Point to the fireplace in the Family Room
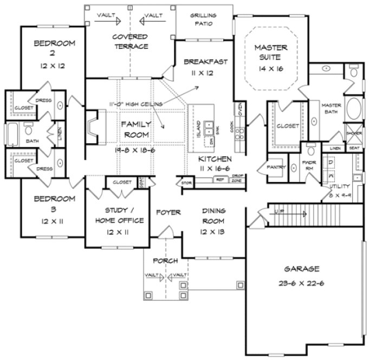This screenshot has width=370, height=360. pyautogui.click(x=93, y=127)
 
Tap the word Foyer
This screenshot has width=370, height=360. pyautogui.click(x=168, y=211)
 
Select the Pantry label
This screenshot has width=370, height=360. pyautogui.click(x=276, y=168)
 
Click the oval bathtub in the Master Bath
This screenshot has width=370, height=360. pyautogui.click(x=355, y=109)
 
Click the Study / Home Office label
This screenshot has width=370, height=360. pyautogui.click(x=119, y=216)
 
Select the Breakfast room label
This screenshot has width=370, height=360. pyautogui.click(x=205, y=61)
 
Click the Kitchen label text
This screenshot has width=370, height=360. pyautogui.click(x=215, y=159)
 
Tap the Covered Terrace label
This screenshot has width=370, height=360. pyautogui.click(x=130, y=42)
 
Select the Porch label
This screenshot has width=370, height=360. pyautogui.click(x=165, y=261)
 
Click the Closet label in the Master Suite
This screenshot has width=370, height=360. pyautogui.click(x=288, y=125)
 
